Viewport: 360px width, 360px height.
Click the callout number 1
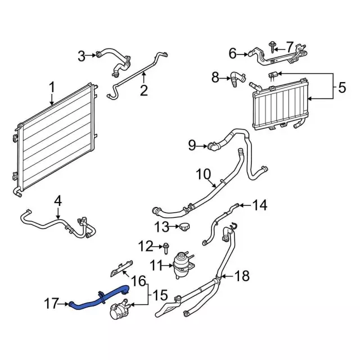click(52, 88)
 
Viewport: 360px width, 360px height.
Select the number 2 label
click(144, 91)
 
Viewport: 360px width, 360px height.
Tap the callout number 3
click(82, 55)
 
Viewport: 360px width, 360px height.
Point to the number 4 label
click(58, 200)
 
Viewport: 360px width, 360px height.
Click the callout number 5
click(341, 88)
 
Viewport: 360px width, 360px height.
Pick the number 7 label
click(290, 47)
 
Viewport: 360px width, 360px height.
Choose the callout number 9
click(192, 146)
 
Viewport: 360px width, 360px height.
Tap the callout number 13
click(162, 227)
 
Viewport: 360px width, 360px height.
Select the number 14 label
click(259, 205)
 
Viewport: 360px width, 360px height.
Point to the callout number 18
click(241, 276)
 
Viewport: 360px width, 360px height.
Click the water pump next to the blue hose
click(120, 310)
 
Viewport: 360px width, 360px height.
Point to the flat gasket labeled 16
click(120, 270)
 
